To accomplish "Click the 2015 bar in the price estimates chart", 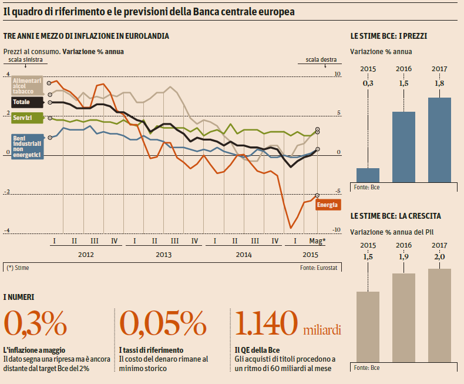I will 368,175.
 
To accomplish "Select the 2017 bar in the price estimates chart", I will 439,140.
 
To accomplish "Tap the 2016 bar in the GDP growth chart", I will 404,318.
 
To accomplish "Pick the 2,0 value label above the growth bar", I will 439,257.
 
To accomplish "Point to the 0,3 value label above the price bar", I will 368,84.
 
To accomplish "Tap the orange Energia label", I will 327,205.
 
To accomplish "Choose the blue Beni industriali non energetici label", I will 27,146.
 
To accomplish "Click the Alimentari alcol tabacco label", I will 27,86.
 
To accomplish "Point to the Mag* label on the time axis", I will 318,241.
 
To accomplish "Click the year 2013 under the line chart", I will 164,255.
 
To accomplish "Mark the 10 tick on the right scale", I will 337,74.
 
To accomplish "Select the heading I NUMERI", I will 19,298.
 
